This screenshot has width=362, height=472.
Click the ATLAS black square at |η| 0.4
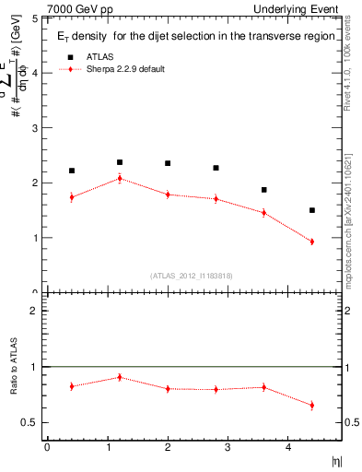pyautogui.click(x=72, y=171)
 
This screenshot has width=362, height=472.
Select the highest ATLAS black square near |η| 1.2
pyautogui.click(x=120, y=162)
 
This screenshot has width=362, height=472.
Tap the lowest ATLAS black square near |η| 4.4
pyautogui.click(x=312, y=210)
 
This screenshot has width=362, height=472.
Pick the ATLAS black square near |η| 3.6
pyautogui.click(x=264, y=190)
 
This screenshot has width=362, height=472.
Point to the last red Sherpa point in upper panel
pyautogui.click(x=312, y=242)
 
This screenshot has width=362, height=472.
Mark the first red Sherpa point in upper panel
pyautogui.click(x=72, y=196)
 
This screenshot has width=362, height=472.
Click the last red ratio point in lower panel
pyautogui.click(x=312, y=405)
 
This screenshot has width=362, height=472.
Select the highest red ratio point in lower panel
pyautogui.click(x=120, y=377)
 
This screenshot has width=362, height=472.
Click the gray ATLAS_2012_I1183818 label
pyautogui.click(x=192, y=276)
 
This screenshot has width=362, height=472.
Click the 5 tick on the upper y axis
pyautogui.click(x=35, y=18)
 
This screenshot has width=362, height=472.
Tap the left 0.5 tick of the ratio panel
pyautogui.click(x=31, y=422)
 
